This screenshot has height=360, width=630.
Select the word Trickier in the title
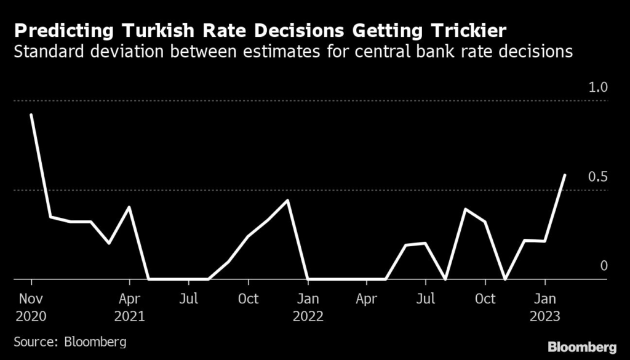click(x=465, y=30)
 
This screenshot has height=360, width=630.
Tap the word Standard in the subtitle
click(x=46, y=51)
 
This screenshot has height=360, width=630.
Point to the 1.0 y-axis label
click(x=598, y=88)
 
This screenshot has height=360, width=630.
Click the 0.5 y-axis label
click(x=598, y=177)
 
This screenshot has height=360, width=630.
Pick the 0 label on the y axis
click(x=604, y=266)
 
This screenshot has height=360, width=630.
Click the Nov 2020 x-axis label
click(x=31, y=308)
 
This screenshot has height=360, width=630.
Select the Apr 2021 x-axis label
click(x=129, y=308)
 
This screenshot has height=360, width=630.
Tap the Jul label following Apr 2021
click(x=189, y=299)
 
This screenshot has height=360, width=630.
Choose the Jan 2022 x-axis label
click(x=308, y=308)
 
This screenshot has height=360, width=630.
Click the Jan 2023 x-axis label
click(x=544, y=308)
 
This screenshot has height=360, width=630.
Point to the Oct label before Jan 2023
click(x=485, y=299)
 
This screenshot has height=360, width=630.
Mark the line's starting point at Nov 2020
click(x=31, y=115)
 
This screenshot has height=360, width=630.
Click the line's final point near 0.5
click(x=565, y=175)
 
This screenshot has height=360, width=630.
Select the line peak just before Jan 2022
click(x=288, y=200)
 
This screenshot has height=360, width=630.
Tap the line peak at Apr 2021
click(x=129, y=207)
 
